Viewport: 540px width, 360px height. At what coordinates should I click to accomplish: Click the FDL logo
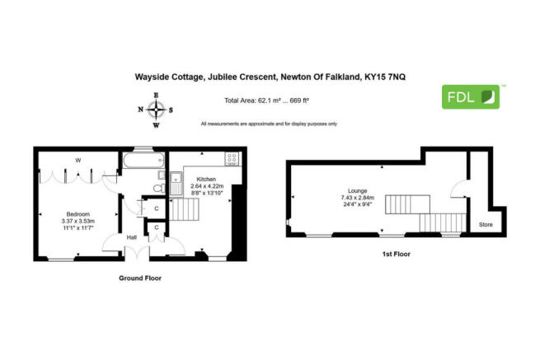pyautogui.click(x=471, y=97)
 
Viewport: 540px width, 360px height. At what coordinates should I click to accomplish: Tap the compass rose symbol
pyautogui.click(x=156, y=110)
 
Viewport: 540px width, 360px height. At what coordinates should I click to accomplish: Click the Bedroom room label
pyautogui.click(x=78, y=214)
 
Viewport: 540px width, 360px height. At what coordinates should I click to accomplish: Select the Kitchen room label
pyautogui.click(x=206, y=179)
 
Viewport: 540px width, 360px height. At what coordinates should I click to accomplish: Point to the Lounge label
pyautogui.click(x=358, y=190)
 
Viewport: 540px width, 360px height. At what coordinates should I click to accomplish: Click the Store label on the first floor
pyautogui.click(x=486, y=224)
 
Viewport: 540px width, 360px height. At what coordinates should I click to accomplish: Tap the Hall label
pyautogui.click(x=132, y=237)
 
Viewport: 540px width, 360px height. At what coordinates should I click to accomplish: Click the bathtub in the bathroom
pyautogui.click(x=143, y=161)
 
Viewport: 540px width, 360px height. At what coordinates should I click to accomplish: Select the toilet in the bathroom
pyautogui.click(x=159, y=189)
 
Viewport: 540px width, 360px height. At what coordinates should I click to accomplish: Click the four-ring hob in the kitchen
pyautogui.click(x=232, y=159)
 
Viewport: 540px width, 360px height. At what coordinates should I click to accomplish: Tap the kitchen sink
pyautogui.click(x=176, y=184)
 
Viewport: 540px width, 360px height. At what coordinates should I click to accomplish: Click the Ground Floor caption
pyautogui.click(x=140, y=278)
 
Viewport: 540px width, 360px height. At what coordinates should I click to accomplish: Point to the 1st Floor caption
pyautogui.click(x=397, y=254)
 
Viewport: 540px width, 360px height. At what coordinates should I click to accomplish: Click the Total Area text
pyautogui.click(x=266, y=101)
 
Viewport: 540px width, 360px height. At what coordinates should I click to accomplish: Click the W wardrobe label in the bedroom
pyautogui.click(x=78, y=161)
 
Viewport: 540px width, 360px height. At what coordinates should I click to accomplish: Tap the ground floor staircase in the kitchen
pyautogui.click(x=184, y=209)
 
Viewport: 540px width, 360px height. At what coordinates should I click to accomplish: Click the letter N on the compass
pyautogui.click(x=140, y=110)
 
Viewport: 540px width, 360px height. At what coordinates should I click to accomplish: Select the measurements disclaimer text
pyautogui.click(x=269, y=124)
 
